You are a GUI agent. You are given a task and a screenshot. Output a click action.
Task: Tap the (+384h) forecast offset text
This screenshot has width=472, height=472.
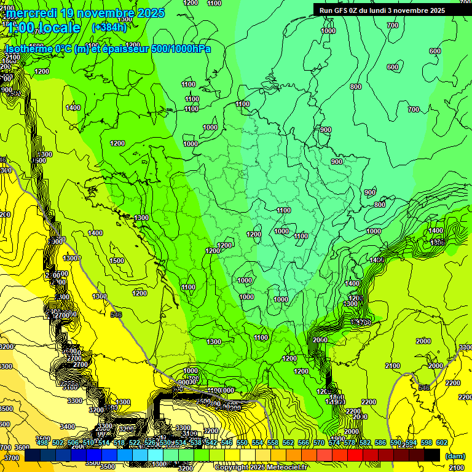[109, 28]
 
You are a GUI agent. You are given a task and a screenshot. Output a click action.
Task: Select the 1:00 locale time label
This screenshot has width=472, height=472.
[44, 28]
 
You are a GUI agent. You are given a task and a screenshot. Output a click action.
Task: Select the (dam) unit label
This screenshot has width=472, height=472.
[455, 456]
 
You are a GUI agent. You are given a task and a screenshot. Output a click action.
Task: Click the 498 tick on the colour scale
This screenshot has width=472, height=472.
[42, 442]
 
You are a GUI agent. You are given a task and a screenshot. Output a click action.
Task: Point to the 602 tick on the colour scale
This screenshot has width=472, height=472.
[442, 442]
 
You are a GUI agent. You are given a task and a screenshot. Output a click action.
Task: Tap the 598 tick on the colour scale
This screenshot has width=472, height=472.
[427, 442]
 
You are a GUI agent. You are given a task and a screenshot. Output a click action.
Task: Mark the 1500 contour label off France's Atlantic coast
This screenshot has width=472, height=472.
[116, 261]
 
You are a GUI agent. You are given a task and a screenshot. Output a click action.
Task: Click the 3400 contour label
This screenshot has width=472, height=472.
[68, 426]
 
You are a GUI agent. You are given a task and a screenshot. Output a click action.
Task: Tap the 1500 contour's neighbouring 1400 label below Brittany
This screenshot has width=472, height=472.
[95, 233]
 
